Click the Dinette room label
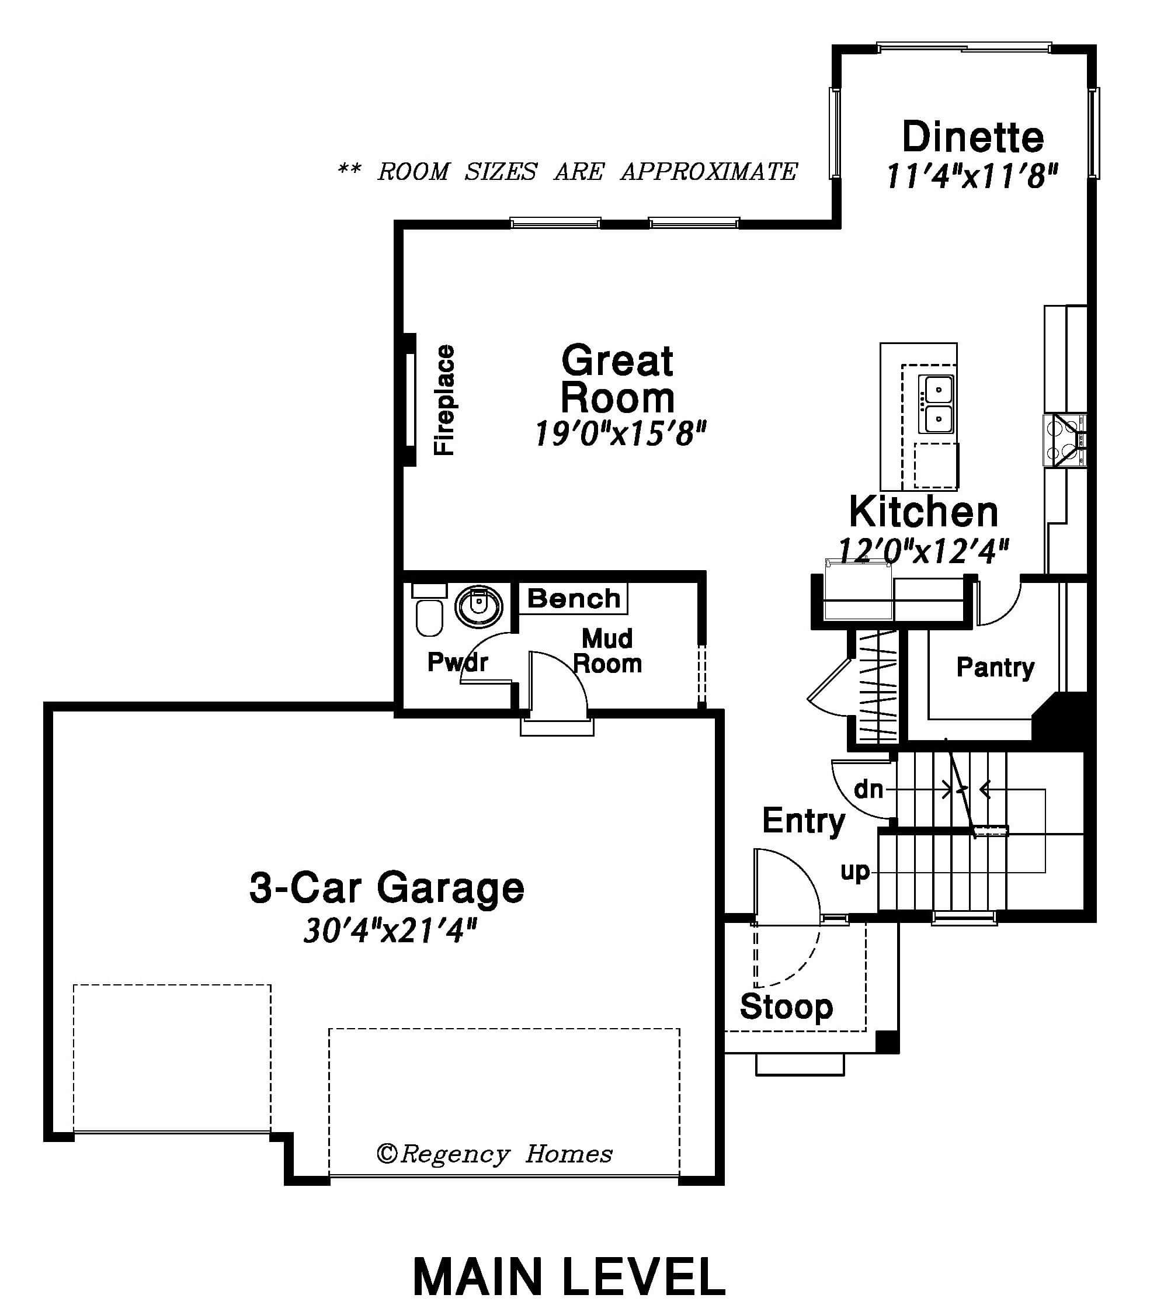[x=973, y=136]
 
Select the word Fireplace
[x=444, y=400]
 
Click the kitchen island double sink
[x=937, y=404]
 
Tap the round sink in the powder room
[x=478, y=605]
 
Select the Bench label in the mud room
[x=574, y=598]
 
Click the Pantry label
[x=995, y=668]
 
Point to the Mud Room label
[x=607, y=651]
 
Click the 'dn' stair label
[x=869, y=789]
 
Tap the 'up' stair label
[x=856, y=872]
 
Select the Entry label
[x=804, y=821]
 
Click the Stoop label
[x=786, y=1006]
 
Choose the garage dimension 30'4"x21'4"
[x=390, y=931]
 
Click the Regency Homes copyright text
[x=494, y=1154]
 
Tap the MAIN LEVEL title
[x=569, y=1278]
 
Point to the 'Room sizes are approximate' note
[x=567, y=171]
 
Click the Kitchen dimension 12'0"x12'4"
[x=923, y=551]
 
